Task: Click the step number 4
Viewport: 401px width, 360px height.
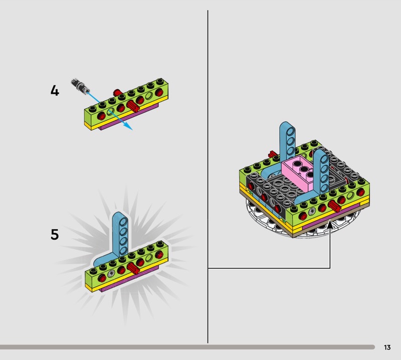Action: pyautogui.click(x=55, y=91)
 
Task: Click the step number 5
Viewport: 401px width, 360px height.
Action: pyautogui.click(x=55, y=234)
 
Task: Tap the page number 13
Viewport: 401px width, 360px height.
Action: pyautogui.click(x=387, y=347)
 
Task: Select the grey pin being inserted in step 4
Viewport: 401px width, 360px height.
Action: pyautogui.click(x=80, y=85)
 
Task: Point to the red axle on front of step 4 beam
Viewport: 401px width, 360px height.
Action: pyautogui.click(x=133, y=106)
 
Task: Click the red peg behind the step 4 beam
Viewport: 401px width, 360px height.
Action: pyautogui.click(x=117, y=92)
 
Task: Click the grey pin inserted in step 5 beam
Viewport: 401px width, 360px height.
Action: pyautogui.click(x=111, y=274)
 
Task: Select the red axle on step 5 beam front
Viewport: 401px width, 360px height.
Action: pyautogui.click(x=133, y=268)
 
